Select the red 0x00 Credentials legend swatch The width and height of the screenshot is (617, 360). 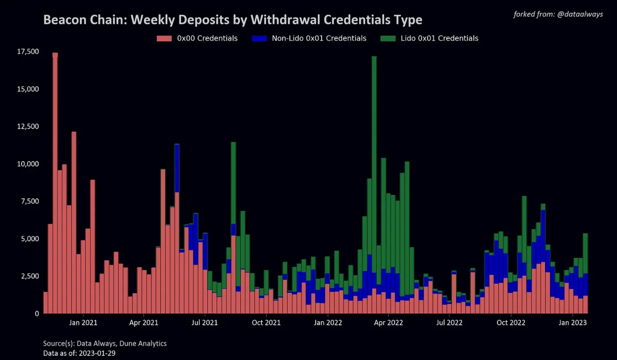pos(164,38)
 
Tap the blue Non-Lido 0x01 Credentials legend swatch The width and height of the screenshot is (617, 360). pos(260,38)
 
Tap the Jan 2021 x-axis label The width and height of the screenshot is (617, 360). pos(83,323)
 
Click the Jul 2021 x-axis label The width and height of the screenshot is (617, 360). pos(205,323)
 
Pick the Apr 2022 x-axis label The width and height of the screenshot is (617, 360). pos(388,323)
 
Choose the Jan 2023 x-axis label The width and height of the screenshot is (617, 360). pos(573,323)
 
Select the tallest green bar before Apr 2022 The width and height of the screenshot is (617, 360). pos(374,141)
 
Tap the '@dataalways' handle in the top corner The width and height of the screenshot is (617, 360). pos(581,14)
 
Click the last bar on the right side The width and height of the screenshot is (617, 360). pos(585,273)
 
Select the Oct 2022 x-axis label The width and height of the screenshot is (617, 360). pos(511,323)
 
